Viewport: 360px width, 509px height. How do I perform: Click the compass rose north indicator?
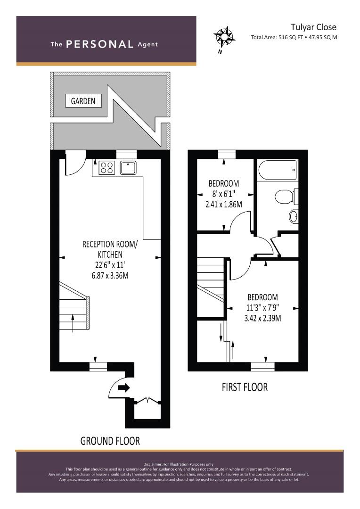point(224,36)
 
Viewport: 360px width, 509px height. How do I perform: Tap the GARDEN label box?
point(83,101)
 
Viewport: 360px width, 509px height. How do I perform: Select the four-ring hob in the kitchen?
point(107,167)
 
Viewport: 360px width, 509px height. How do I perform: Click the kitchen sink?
point(128,167)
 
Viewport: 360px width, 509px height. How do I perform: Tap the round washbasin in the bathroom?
point(294,216)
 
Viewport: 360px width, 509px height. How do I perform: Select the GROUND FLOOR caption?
point(110,441)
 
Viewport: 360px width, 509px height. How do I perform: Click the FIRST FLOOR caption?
point(245,387)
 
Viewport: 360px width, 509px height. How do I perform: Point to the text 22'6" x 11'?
point(110,265)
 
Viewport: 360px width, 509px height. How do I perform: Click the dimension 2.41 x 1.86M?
point(224,204)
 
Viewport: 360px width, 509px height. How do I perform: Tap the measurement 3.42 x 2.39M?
point(262,318)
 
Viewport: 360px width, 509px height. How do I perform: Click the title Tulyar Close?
point(313,27)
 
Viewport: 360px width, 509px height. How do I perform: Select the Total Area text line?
point(294,37)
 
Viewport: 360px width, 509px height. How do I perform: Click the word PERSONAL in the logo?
point(99,44)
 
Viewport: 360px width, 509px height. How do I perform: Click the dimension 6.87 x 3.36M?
point(110,275)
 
